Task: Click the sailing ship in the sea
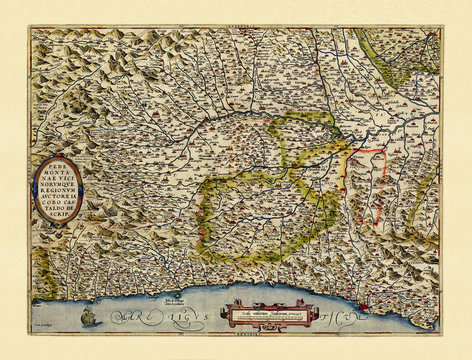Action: click(x=88, y=317)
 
